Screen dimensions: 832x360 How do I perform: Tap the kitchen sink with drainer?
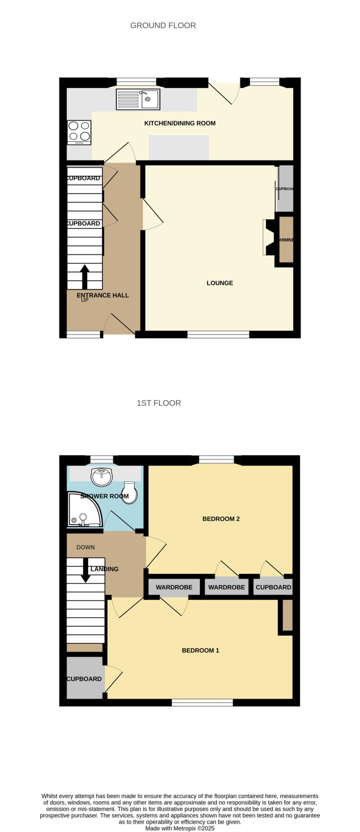click(138, 99)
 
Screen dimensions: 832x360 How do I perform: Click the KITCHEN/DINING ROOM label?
click(180, 123)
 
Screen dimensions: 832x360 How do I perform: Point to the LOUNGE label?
click(220, 283)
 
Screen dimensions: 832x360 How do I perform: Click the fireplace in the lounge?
click(269, 237)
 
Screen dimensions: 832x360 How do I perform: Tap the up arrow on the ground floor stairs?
click(85, 277)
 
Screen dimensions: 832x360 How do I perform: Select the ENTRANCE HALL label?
click(103, 295)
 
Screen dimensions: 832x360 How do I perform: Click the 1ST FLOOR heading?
click(159, 403)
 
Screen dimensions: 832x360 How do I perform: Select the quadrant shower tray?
click(83, 510)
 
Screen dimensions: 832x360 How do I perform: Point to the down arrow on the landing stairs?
click(85, 570)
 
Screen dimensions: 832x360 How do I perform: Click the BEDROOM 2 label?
click(221, 519)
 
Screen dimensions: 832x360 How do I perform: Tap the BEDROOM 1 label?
click(200, 650)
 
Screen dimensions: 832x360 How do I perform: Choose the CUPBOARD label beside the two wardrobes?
click(273, 587)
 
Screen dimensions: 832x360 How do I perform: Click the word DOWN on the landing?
click(86, 547)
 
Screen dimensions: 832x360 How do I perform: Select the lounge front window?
click(218, 334)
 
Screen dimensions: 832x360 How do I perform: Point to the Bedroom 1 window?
click(202, 702)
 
